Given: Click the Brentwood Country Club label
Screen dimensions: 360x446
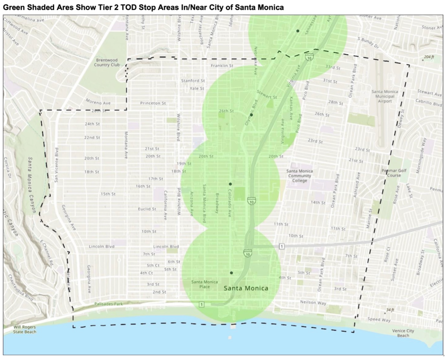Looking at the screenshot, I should pos(107,62).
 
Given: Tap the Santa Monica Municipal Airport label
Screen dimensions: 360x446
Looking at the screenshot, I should pos(385,96).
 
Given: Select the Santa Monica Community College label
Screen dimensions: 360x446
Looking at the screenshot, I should pos(300,176).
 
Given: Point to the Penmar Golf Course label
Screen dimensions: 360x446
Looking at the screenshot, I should pos(394,173).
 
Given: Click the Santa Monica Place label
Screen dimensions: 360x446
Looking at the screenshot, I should pos(204,284).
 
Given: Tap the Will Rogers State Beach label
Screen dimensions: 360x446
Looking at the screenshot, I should pos(24,329).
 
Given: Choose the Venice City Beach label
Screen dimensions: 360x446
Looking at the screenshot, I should pos(403,333).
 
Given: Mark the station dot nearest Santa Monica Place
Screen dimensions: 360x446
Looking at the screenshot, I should pos(231,273).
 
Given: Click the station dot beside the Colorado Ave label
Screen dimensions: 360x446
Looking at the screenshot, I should pos(230,184).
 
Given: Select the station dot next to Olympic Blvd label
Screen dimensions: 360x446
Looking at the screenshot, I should pos(252,115).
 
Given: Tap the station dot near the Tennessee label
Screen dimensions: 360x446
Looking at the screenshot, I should pos(298,31).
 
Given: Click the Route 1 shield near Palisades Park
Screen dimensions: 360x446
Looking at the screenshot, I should pos(201,304).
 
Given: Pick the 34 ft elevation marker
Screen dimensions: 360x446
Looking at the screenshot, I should pos(390,310).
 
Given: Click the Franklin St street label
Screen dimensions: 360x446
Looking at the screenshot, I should pos(222,66).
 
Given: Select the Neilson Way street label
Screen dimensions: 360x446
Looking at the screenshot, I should pos(313,302).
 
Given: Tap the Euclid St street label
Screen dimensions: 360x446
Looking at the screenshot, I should pos(147,209).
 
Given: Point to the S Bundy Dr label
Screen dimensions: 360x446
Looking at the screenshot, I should pos(368,43).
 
